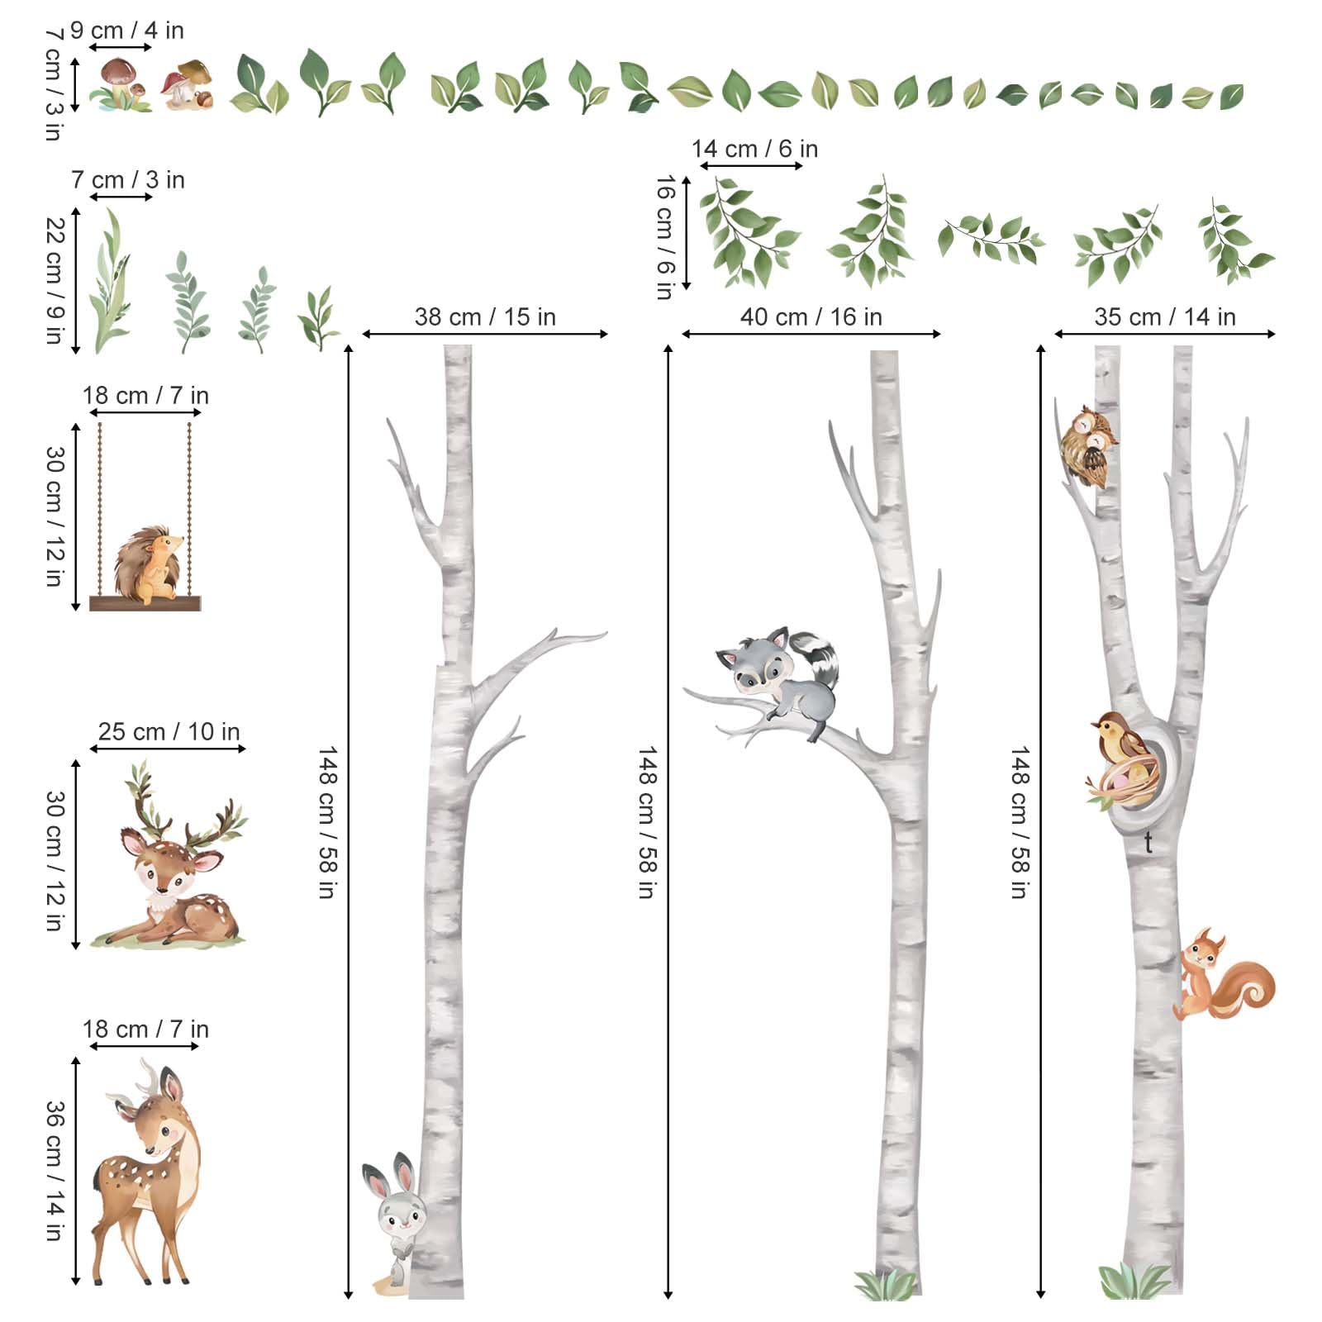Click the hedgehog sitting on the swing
(149, 564)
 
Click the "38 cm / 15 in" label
(485, 316)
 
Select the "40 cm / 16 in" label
(811, 316)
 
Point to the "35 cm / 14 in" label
(1165, 316)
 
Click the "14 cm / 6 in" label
(754, 149)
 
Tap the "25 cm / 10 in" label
(169, 731)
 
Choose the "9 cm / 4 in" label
(127, 31)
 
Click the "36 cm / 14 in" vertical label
(55, 1170)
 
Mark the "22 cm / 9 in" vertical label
(55, 281)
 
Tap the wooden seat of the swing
(145, 604)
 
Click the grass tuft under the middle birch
(885, 1285)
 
